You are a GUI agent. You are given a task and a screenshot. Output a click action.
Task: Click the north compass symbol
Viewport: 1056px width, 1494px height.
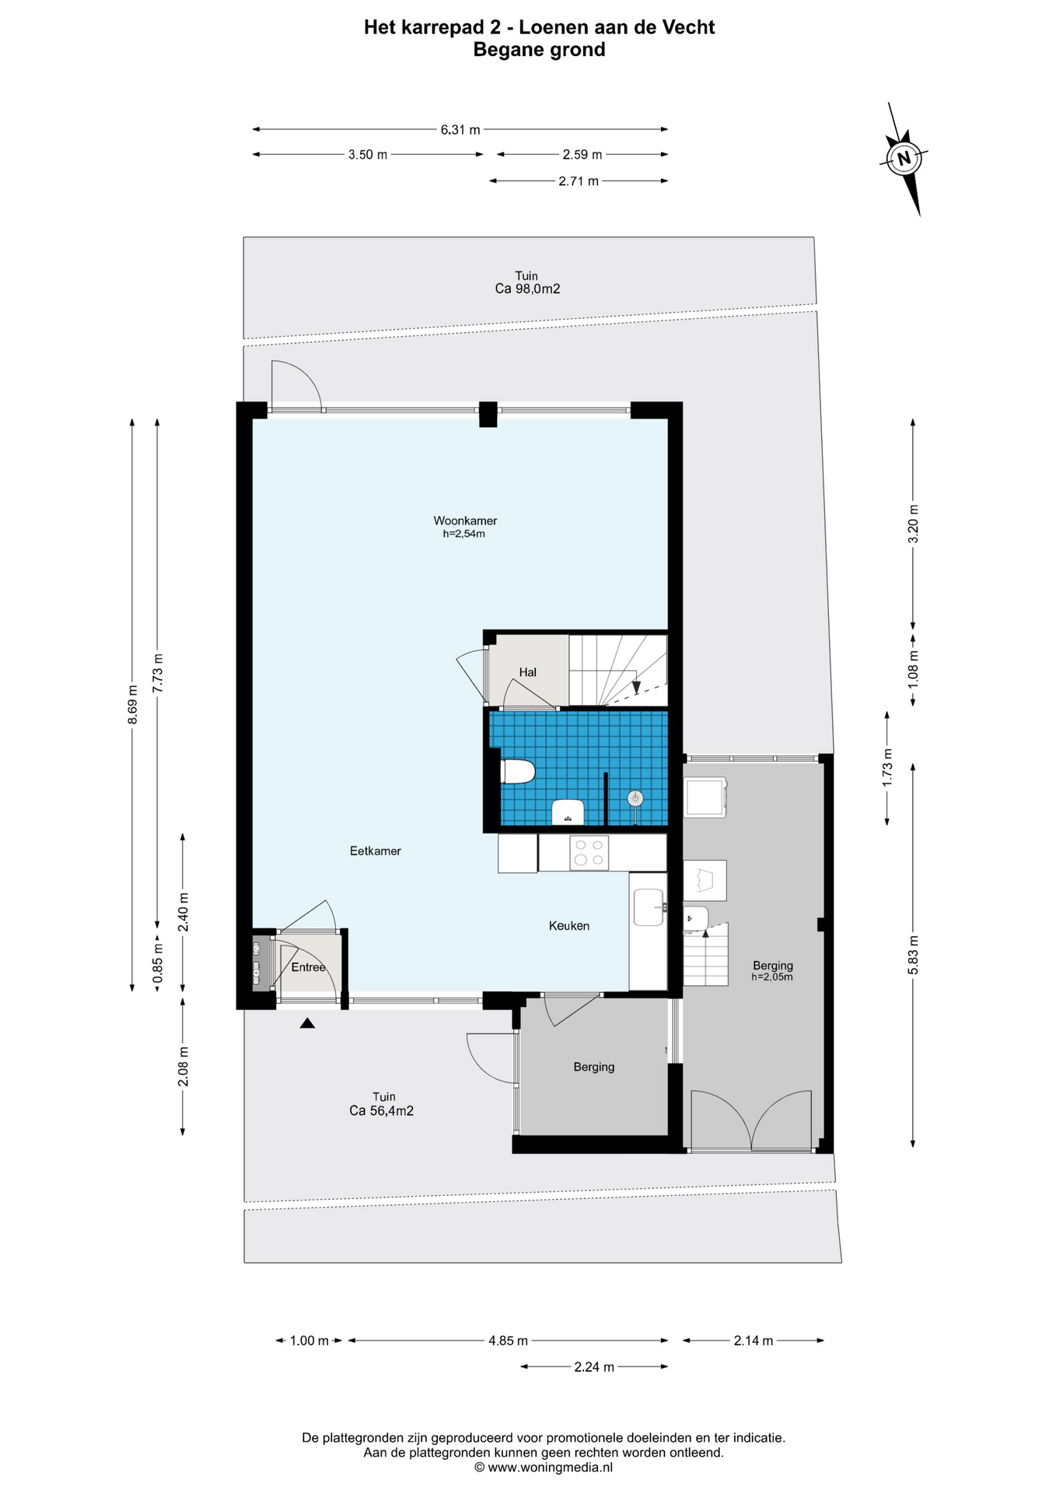pyautogui.click(x=903, y=159)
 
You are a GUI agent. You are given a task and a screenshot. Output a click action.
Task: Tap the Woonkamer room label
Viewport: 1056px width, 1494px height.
pyautogui.click(x=465, y=521)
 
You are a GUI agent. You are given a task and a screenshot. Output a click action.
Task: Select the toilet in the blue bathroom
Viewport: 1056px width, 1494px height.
pyautogui.click(x=517, y=772)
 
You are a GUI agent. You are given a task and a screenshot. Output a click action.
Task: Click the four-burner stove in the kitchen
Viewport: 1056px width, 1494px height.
pyautogui.click(x=589, y=852)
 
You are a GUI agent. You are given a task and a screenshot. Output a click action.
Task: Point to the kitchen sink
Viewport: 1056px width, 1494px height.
pyautogui.click(x=649, y=907)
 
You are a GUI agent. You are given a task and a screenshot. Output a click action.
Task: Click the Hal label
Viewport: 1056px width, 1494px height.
pyautogui.click(x=527, y=672)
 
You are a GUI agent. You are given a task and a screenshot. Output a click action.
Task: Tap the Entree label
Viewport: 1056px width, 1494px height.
pyautogui.click(x=308, y=967)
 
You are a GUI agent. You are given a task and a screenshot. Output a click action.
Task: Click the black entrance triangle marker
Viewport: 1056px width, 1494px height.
pyautogui.click(x=307, y=1023)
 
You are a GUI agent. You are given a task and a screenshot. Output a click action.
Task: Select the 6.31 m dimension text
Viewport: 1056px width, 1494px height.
pyautogui.click(x=460, y=130)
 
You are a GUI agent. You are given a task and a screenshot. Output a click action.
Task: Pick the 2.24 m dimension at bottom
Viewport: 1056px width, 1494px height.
pyautogui.click(x=594, y=1366)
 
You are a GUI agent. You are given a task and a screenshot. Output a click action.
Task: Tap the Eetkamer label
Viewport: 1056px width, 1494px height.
pyautogui.click(x=376, y=851)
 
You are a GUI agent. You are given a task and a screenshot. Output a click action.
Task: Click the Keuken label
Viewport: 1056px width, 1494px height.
pyautogui.click(x=568, y=926)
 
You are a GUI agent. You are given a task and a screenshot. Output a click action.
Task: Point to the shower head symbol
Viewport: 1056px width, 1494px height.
pyautogui.click(x=636, y=798)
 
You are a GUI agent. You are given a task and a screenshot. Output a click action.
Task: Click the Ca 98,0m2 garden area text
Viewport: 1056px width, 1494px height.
pyautogui.click(x=527, y=289)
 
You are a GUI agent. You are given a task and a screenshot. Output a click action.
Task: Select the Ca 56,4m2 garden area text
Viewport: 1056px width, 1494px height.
pyautogui.click(x=381, y=1111)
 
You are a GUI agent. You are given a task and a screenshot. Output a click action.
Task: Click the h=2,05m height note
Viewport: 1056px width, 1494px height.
pyautogui.click(x=771, y=977)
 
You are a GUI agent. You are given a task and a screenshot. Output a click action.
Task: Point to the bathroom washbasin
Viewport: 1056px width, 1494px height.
pyautogui.click(x=568, y=812)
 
